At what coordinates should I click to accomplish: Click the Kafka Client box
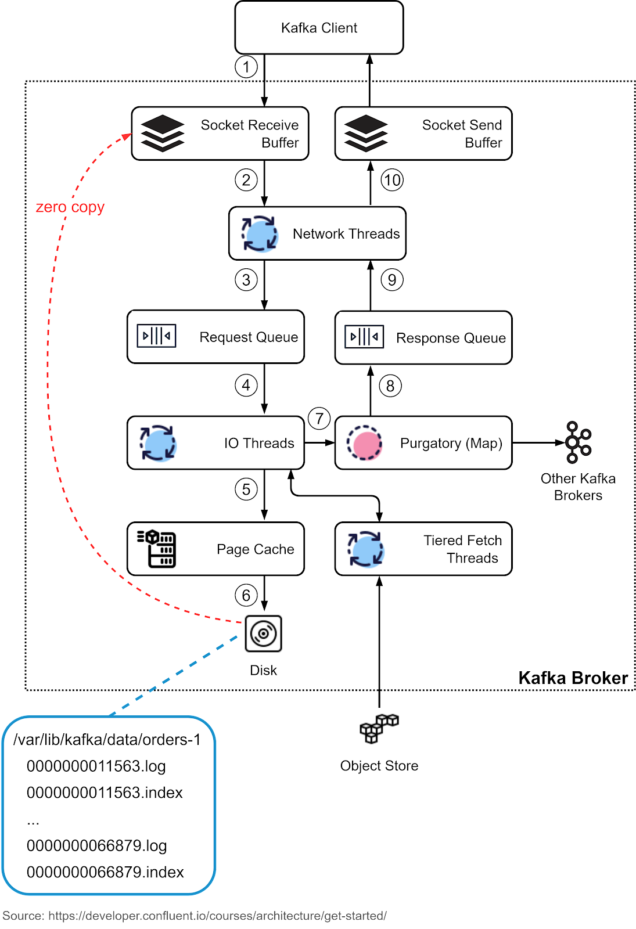[x=319, y=28]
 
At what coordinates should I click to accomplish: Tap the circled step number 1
[x=246, y=67]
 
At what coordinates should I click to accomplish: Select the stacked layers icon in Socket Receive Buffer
[x=163, y=134]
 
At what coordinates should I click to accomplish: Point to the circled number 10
[x=392, y=180]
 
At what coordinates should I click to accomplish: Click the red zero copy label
[x=70, y=207]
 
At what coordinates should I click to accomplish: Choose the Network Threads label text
[x=346, y=234]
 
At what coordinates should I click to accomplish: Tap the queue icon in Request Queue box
[x=156, y=336]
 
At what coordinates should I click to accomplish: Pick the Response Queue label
[x=451, y=339]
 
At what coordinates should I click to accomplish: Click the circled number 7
[x=319, y=419]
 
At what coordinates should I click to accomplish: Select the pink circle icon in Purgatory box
[x=364, y=443]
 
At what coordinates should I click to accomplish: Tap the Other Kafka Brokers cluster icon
[x=577, y=442]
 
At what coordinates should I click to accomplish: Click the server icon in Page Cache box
[x=157, y=549]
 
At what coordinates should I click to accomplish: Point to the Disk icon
[x=264, y=633]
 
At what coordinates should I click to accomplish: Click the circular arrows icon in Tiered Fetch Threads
[x=365, y=549]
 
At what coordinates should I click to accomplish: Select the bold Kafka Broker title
[x=573, y=678]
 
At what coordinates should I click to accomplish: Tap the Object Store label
[x=379, y=766]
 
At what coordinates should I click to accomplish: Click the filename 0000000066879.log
[x=97, y=846]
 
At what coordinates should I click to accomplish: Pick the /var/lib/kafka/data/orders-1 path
[x=107, y=740]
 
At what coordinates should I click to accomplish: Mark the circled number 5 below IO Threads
[x=246, y=489]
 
